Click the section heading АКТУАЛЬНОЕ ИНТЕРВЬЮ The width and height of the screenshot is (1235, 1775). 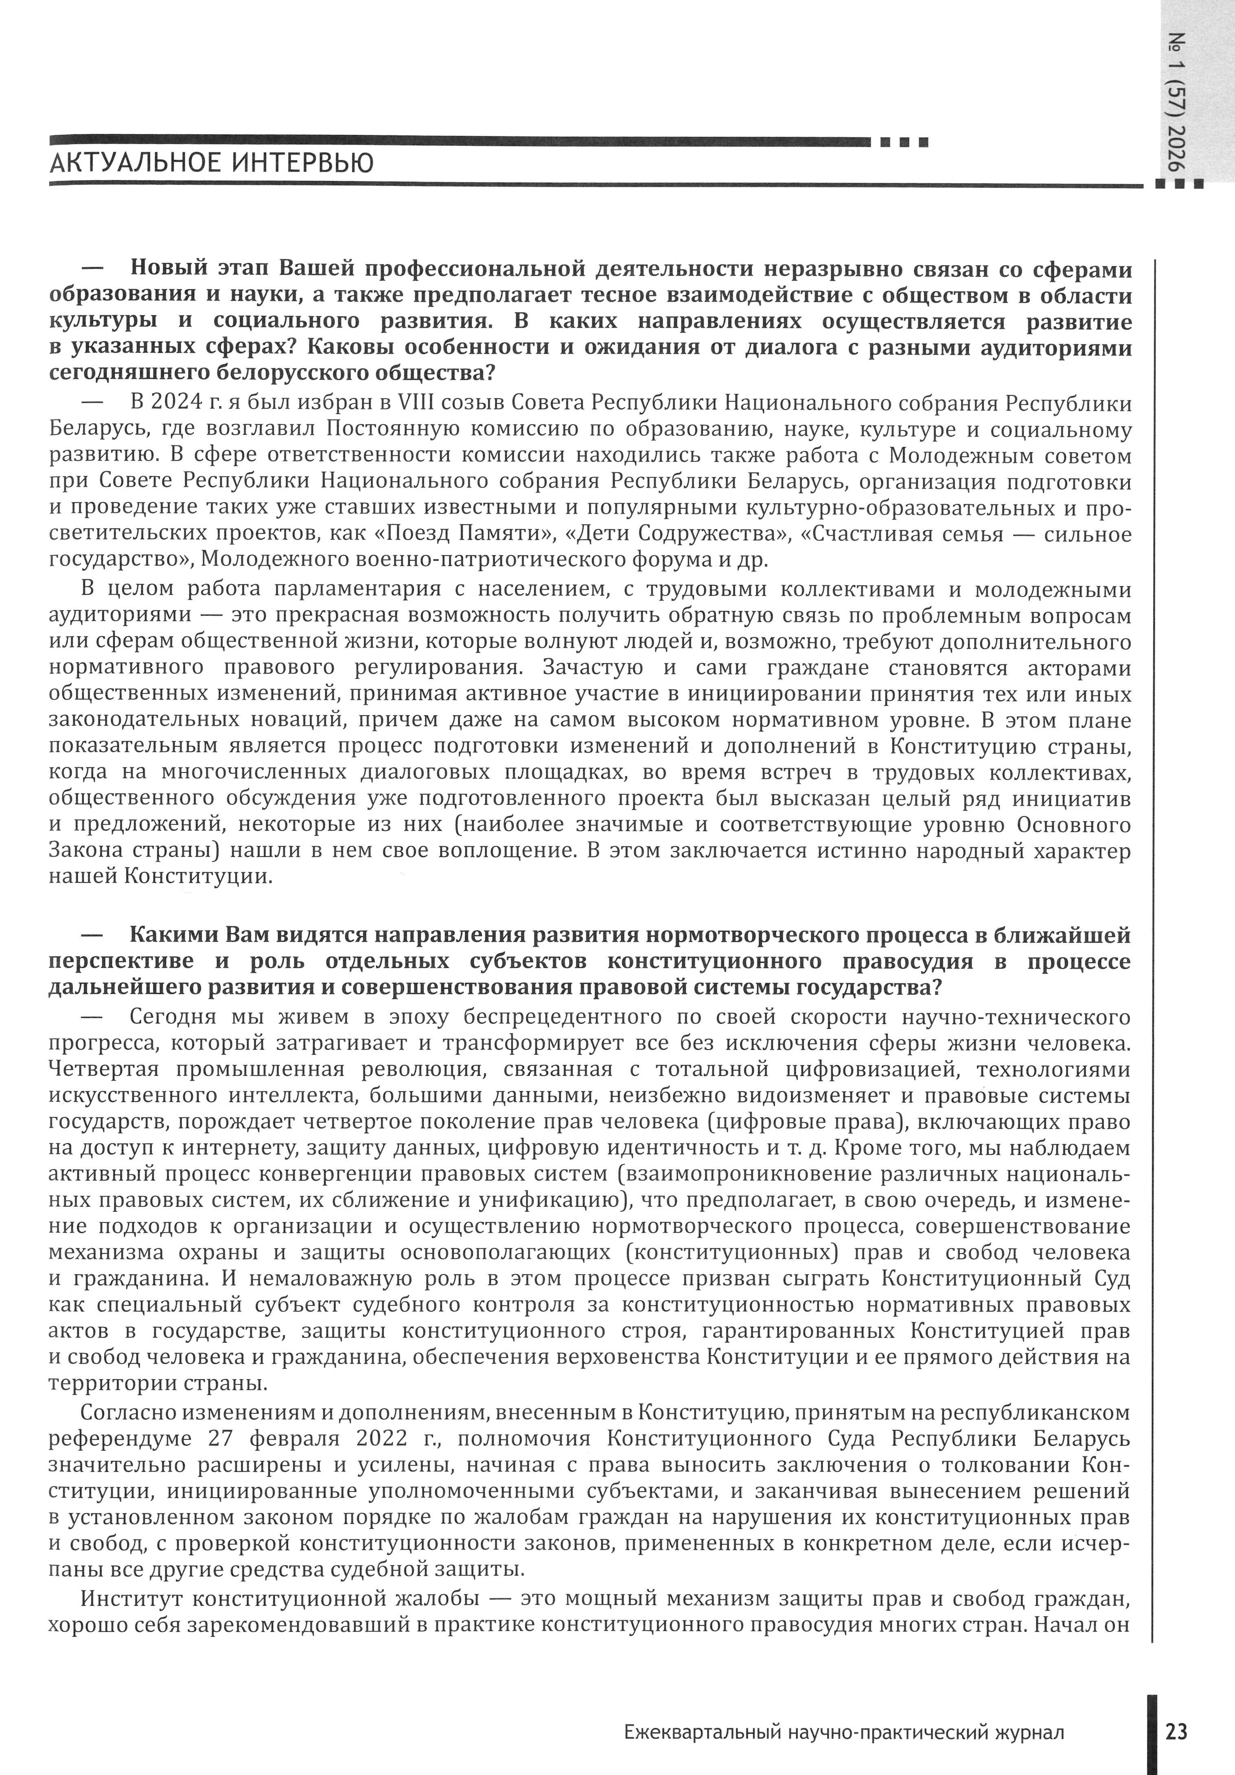point(211,163)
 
